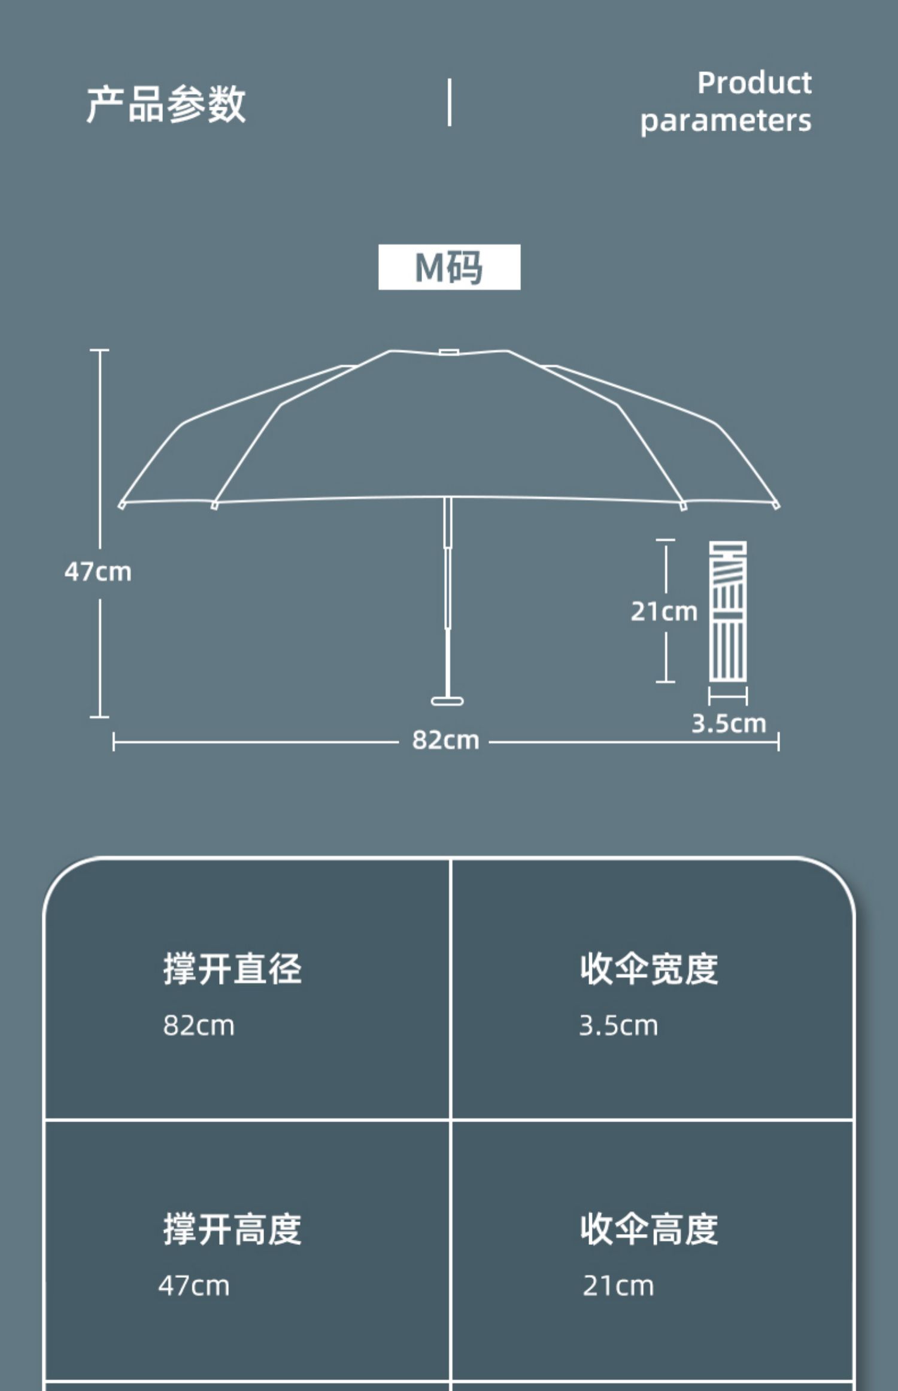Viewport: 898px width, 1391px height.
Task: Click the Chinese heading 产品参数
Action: [166, 104]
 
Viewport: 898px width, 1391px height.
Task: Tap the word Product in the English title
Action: [754, 83]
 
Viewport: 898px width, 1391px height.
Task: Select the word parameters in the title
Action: [726, 121]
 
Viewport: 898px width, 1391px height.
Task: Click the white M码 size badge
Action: [449, 267]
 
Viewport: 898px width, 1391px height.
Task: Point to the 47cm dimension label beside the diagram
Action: [98, 571]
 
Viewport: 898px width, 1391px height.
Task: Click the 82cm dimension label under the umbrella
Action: [445, 740]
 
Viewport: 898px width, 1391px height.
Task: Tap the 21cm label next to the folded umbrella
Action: [664, 612]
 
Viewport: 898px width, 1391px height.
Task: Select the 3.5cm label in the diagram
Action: [729, 724]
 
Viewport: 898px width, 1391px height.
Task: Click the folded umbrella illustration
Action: [727, 611]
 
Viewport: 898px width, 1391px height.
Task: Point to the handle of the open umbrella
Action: [447, 700]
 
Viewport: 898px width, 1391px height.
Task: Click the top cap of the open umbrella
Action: [448, 352]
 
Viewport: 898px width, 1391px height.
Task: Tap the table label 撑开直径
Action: [232, 969]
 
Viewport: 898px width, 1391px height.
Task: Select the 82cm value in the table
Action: [199, 1026]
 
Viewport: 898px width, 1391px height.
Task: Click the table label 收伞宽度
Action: [649, 969]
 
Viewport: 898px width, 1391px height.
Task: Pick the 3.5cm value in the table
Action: [618, 1026]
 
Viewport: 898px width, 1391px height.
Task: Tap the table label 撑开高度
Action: [232, 1229]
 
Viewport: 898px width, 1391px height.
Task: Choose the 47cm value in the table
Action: [194, 1286]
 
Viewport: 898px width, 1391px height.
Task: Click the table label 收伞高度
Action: [649, 1229]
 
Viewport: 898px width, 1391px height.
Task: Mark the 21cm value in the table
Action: [618, 1286]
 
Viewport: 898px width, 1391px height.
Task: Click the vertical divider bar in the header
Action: [449, 102]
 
